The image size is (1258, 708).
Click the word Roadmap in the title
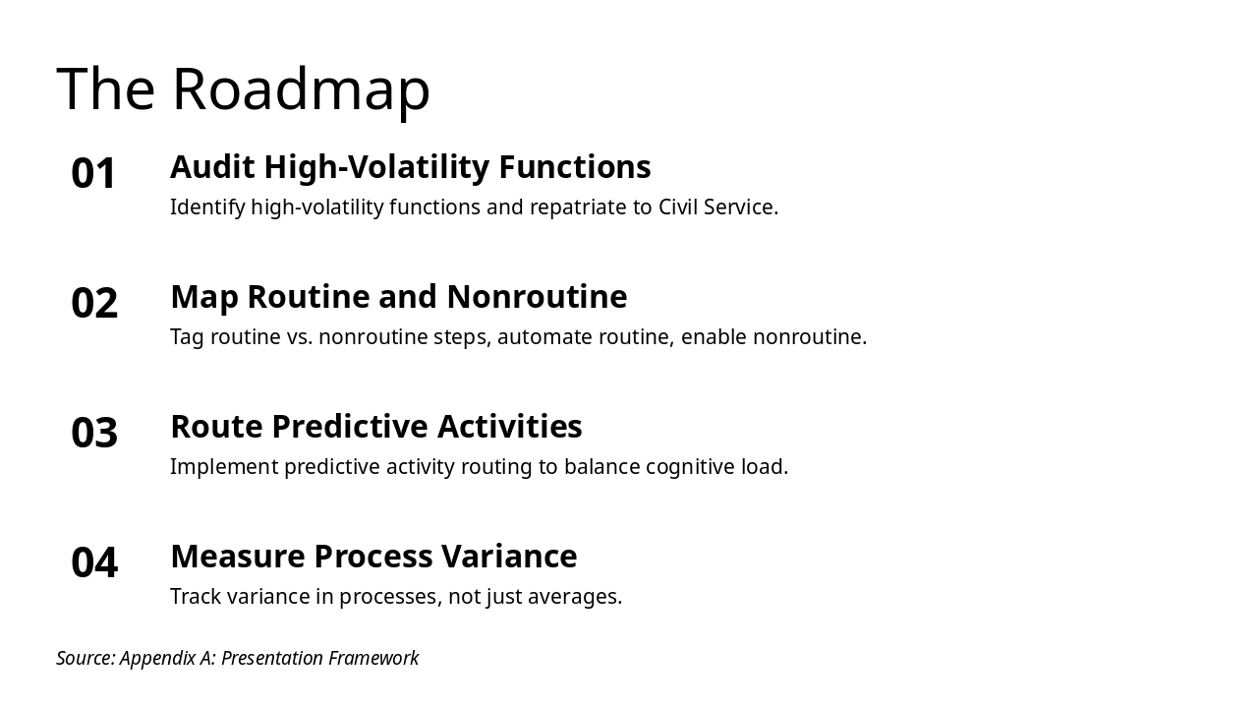[301, 89]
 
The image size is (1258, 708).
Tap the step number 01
[94, 174]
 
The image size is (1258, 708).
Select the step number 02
[94, 304]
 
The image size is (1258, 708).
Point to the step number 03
[94, 434]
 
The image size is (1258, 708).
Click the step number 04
[94, 563]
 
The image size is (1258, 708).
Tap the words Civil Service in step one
[716, 207]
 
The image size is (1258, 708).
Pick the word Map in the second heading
[204, 297]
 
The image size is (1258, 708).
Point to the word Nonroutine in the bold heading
[537, 297]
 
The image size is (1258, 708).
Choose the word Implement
[224, 467]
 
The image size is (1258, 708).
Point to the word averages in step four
[574, 597]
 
